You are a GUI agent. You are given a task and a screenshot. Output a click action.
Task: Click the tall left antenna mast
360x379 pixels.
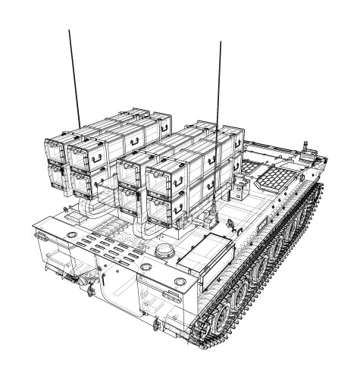[74, 76]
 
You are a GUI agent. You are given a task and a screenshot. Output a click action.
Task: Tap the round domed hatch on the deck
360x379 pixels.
[164, 252]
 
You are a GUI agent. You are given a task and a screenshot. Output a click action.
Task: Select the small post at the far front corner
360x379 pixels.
[306, 146]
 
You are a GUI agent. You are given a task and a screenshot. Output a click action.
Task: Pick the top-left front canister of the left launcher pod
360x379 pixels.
[56, 152]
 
